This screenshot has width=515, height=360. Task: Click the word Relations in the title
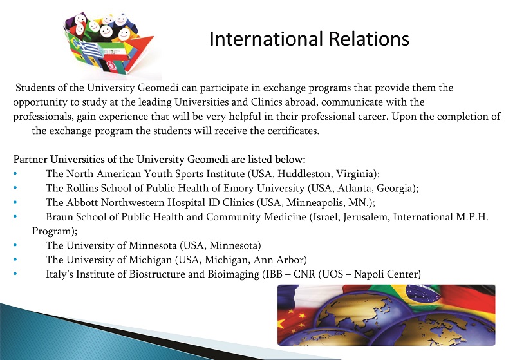(x=369, y=39)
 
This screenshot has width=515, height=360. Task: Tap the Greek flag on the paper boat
(x=87, y=49)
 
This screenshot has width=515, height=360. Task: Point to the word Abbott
(x=82, y=202)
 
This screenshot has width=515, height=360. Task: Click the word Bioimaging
(x=233, y=274)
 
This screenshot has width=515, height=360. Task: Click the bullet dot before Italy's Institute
(x=15, y=274)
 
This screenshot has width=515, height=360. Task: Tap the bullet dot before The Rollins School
(x=15, y=187)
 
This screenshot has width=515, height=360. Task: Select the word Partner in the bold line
(x=30, y=160)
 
